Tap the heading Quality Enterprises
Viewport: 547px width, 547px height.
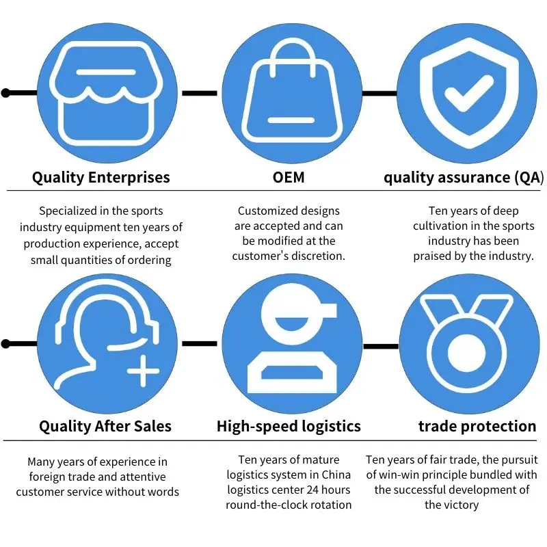101,178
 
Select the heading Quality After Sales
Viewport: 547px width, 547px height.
105,427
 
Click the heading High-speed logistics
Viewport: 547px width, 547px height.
289,427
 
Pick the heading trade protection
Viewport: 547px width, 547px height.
477,427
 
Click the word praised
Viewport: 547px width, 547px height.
434,256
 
